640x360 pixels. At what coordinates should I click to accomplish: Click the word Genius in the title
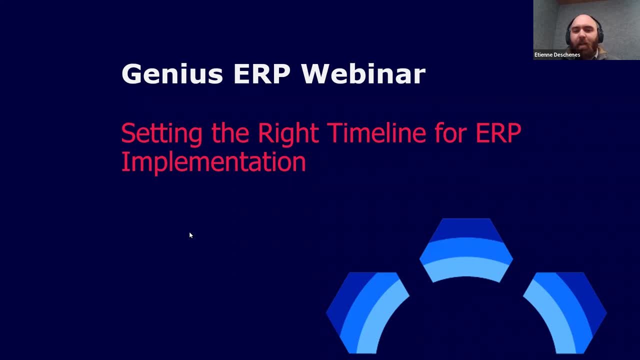click(172, 73)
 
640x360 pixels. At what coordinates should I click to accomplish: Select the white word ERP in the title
click(262, 73)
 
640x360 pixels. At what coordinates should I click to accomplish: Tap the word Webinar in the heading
click(363, 73)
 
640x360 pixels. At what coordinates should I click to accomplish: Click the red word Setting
click(161, 134)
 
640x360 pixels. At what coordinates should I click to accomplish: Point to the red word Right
click(288, 133)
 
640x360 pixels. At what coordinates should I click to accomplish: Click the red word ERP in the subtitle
click(498, 133)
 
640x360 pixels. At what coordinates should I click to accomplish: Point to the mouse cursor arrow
click(191, 235)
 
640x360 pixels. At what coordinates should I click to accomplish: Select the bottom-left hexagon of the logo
click(367, 313)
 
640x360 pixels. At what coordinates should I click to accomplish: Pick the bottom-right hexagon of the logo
click(565, 313)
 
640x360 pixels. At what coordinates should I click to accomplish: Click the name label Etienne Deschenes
click(557, 54)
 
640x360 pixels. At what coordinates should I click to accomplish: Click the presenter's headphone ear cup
click(600, 35)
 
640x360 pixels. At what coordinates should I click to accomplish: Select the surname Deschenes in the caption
click(567, 54)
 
